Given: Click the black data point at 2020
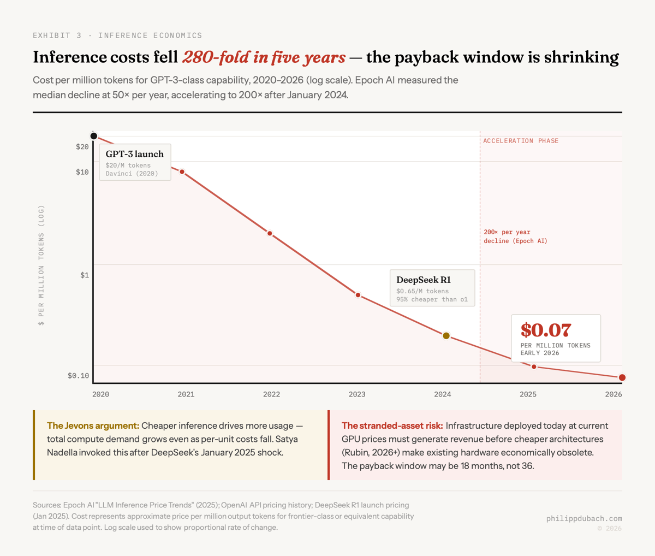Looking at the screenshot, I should pyautogui.click(x=94, y=136).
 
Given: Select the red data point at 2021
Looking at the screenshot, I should pyautogui.click(x=182, y=172).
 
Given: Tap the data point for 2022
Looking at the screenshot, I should pyautogui.click(x=270, y=234).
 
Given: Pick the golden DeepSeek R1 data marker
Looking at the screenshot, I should pyautogui.click(x=446, y=336).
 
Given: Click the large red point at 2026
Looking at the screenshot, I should pyautogui.click(x=622, y=377).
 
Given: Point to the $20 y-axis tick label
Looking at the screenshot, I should pyautogui.click(x=82, y=147).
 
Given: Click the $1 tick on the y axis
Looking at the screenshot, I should pyautogui.click(x=84, y=275).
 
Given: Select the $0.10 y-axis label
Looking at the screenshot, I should pyautogui.click(x=78, y=376).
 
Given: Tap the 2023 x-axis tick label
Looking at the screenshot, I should pyautogui.click(x=357, y=394).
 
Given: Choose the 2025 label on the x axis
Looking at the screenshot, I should pyautogui.click(x=528, y=394).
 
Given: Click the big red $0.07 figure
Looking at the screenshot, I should pyautogui.click(x=545, y=330).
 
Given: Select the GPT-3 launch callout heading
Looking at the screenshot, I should pyautogui.click(x=134, y=154).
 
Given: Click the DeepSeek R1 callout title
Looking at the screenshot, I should pyautogui.click(x=423, y=280).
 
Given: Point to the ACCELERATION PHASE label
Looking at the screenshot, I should pyautogui.click(x=521, y=141).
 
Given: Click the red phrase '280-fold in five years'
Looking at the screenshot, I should pyautogui.click(x=264, y=57).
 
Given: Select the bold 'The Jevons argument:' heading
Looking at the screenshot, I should pyautogui.click(x=93, y=425).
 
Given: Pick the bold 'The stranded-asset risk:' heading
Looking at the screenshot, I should pyautogui.click(x=392, y=425).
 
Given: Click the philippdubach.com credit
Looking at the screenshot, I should pyautogui.click(x=583, y=518).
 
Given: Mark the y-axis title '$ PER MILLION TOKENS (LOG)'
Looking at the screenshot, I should pyautogui.click(x=41, y=265).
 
